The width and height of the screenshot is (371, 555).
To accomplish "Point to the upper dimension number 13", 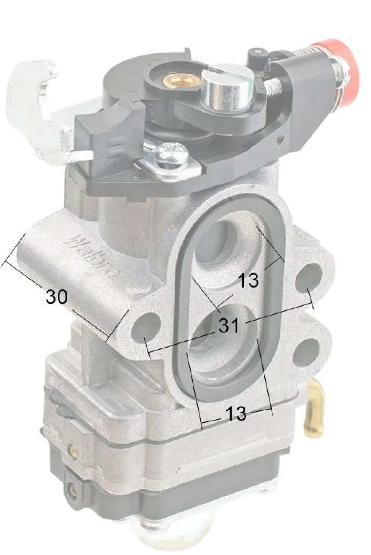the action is (x=249, y=280).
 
